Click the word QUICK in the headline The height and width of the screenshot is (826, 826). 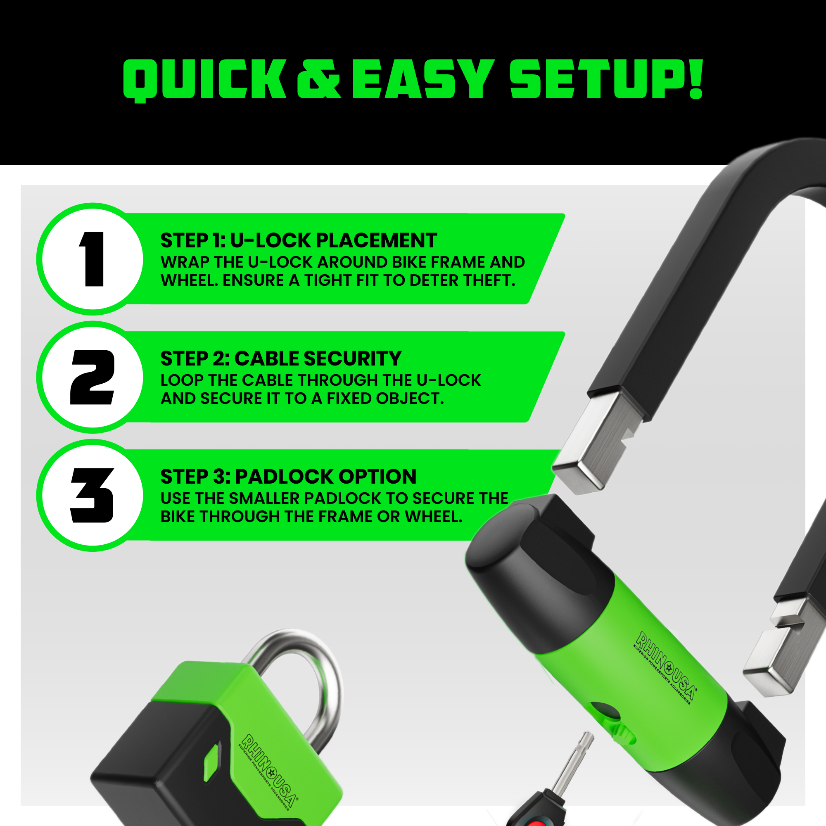[x=204, y=80]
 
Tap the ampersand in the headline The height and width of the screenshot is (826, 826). [x=319, y=79]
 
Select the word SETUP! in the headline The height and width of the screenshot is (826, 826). [x=606, y=79]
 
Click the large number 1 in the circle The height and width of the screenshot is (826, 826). [x=93, y=259]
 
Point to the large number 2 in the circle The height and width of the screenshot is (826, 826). [x=93, y=377]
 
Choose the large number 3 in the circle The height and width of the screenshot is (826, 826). [x=93, y=495]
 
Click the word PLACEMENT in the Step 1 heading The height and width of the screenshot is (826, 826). [x=376, y=240]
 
